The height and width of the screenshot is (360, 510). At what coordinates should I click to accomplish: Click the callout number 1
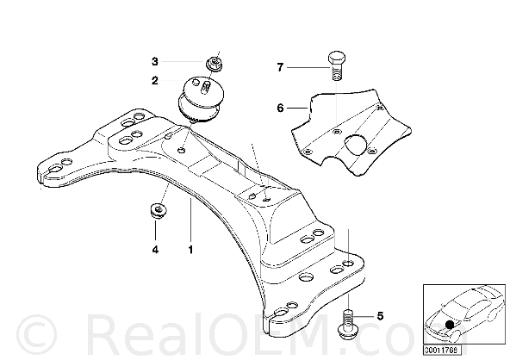[x=190, y=250]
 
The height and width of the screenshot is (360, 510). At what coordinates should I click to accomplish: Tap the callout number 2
[x=155, y=80]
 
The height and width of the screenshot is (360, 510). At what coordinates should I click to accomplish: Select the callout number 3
[x=155, y=61]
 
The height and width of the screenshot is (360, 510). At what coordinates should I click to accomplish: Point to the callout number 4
[x=155, y=250]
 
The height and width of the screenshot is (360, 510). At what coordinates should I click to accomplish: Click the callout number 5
[x=380, y=316]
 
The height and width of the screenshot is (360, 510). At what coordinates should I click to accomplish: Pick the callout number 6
[x=280, y=108]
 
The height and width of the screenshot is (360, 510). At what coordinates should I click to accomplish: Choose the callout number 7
[x=280, y=67]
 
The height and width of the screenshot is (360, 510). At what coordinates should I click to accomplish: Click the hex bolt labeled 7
[x=337, y=66]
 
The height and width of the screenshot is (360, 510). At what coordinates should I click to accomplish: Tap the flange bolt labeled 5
[x=348, y=326]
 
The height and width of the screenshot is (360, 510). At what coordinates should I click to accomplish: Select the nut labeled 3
[x=215, y=63]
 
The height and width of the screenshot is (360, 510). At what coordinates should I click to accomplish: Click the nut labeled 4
[x=159, y=211]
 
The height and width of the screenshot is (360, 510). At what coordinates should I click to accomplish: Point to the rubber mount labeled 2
[x=201, y=100]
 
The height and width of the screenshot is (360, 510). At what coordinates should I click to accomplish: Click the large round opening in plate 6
[x=356, y=145]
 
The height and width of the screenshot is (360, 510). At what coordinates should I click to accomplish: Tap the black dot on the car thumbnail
[x=450, y=324]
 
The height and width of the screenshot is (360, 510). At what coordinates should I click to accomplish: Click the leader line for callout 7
[x=308, y=67]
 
